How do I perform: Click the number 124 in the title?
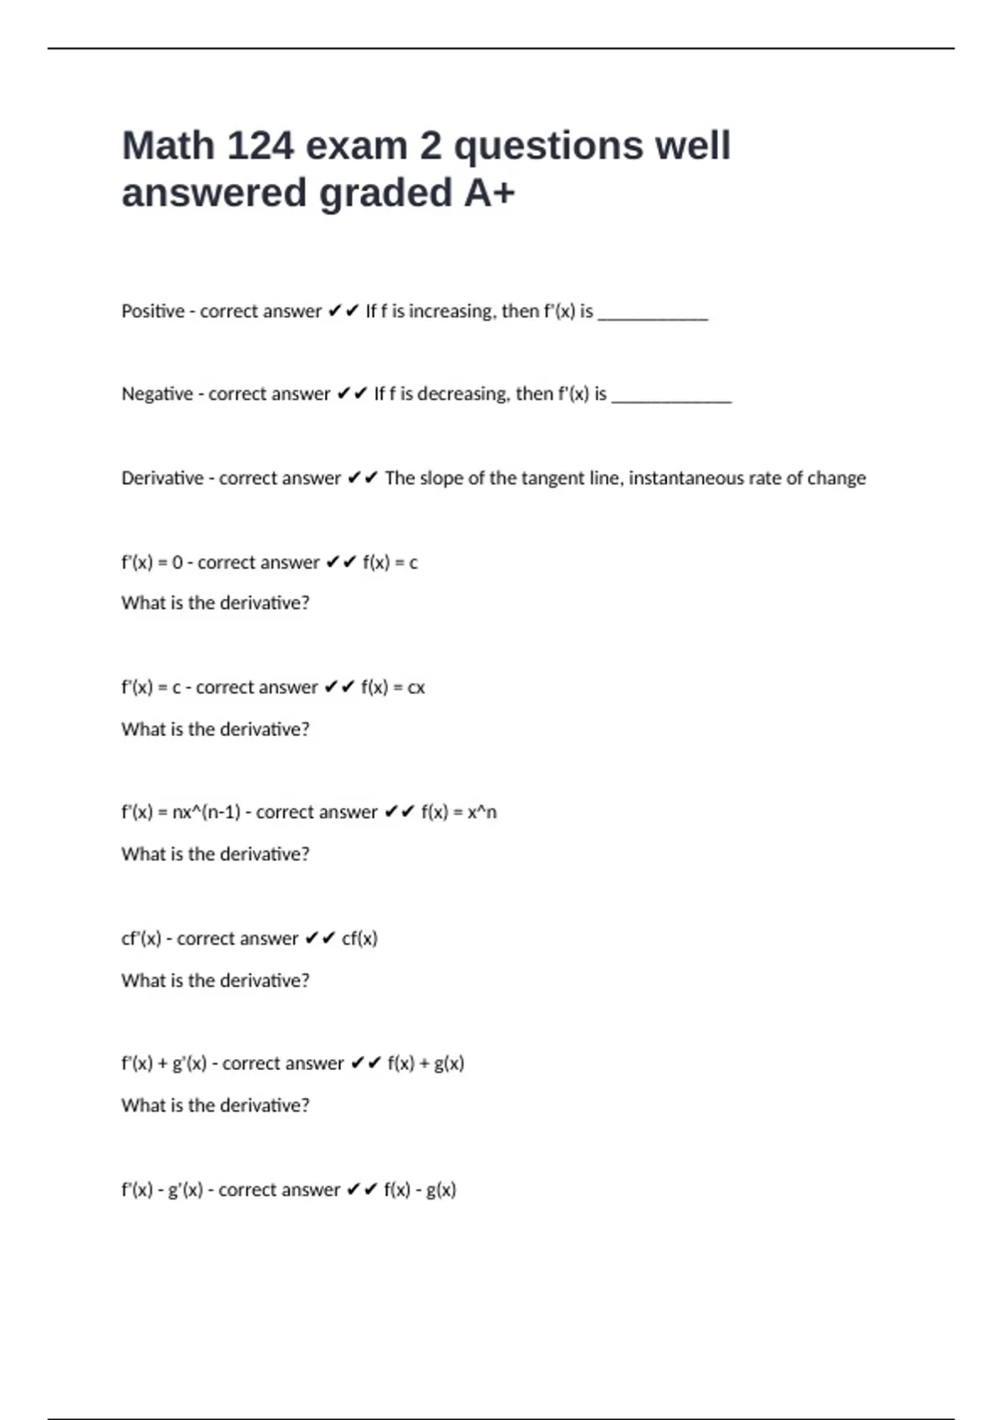(x=260, y=146)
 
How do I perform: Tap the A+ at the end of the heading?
(x=490, y=194)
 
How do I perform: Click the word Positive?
(x=153, y=312)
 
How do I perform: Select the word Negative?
(x=157, y=394)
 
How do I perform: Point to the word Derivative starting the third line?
(x=162, y=479)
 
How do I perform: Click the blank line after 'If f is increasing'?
(x=653, y=317)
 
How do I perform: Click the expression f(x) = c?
(x=390, y=563)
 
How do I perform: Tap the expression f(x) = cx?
(x=393, y=687)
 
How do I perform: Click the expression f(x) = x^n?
(x=459, y=812)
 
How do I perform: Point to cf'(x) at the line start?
(x=141, y=939)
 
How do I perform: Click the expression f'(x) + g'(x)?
(x=164, y=1064)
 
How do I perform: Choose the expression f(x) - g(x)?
(x=420, y=1190)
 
